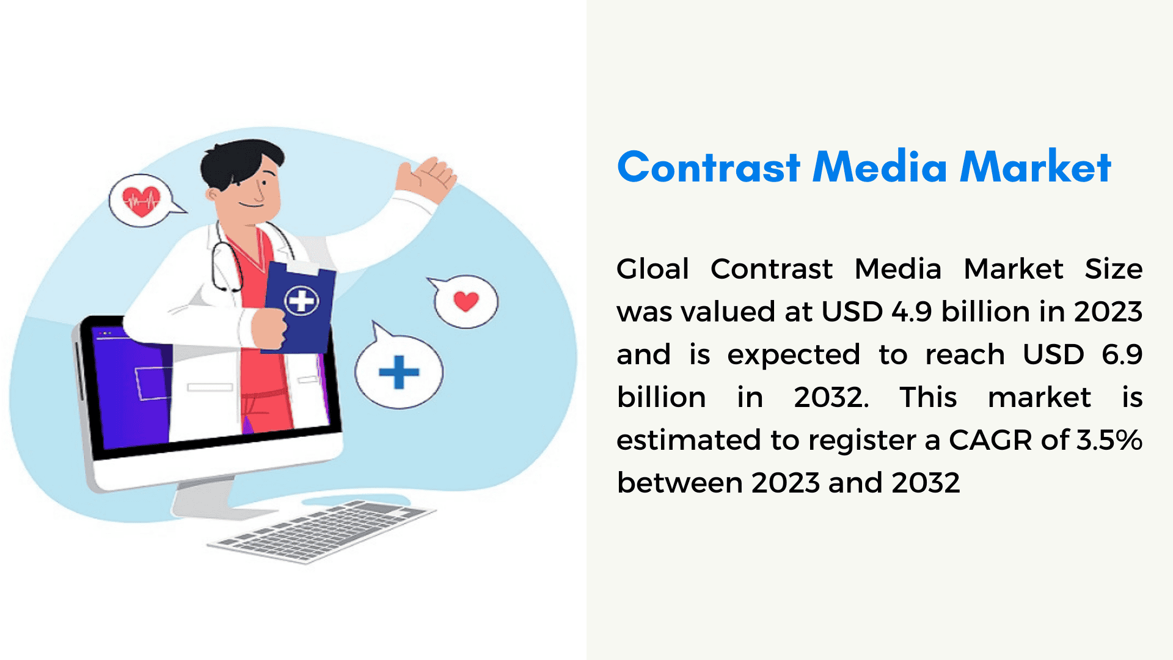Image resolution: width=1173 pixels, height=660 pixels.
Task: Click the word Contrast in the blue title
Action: pyautogui.click(x=709, y=167)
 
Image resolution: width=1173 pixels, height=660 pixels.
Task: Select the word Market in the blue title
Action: pyautogui.click(x=1036, y=166)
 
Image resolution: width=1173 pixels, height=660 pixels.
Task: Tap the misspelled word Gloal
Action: pyautogui.click(x=653, y=269)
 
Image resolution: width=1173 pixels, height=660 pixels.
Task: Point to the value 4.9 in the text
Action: pyautogui.click(x=912, y=312)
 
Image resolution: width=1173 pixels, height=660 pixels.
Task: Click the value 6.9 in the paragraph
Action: pyautogui.click(x=1122, y=354)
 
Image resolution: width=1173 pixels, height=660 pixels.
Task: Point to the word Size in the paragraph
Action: pyautogui.click(x=1114, y=269)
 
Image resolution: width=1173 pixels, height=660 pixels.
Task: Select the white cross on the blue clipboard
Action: pyautogui.click(x=301, y=301)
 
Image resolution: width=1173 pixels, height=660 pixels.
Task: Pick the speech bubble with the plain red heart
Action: pyautogui.click(x=464, y=301)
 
